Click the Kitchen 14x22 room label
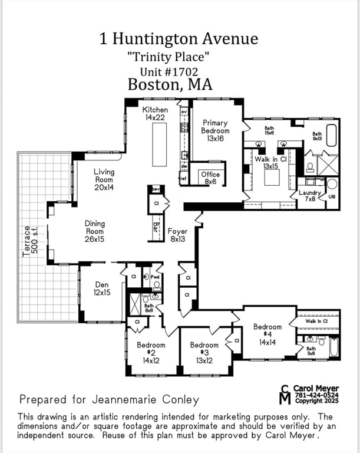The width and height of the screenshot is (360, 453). (156, 114)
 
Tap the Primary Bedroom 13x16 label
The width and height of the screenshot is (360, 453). (215, 130)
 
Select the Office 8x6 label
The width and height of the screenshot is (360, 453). (210, 178)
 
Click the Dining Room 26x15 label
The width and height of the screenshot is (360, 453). (94, 228)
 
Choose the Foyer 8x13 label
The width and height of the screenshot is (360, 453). (177, 235)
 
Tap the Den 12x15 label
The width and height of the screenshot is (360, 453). (101, 288)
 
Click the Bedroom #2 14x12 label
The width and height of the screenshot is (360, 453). (151, 353)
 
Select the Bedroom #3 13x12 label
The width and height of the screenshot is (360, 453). (204, 353)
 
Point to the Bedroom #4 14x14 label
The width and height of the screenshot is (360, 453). (267, 334)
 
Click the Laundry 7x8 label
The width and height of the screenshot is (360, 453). (309, 196)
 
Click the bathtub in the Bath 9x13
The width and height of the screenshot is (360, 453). (331, 135)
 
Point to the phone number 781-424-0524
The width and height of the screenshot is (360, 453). (316, 395)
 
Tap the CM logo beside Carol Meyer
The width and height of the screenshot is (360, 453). (285, 395)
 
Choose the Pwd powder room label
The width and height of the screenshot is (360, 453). (156, 276)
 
